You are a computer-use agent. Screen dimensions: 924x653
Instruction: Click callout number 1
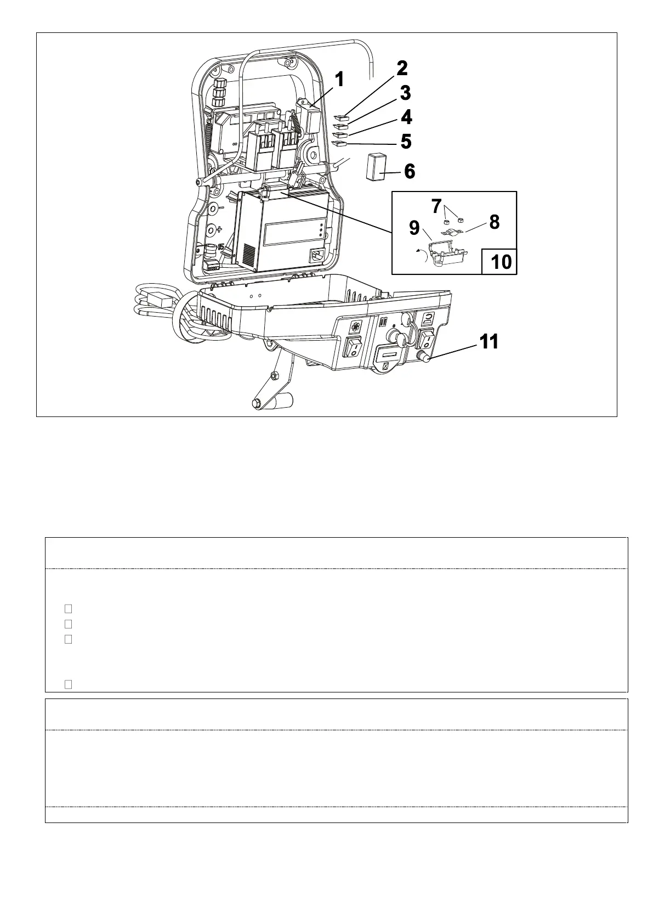339,80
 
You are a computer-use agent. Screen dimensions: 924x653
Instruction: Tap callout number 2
402,69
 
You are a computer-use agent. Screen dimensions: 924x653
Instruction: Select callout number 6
409,171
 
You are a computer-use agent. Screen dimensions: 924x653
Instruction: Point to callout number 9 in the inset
414,228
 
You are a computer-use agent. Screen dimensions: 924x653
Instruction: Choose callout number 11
489,342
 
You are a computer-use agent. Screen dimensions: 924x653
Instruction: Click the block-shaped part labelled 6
376,167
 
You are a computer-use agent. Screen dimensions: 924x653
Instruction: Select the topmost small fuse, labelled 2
341,117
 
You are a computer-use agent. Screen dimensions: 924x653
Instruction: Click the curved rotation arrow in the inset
422,255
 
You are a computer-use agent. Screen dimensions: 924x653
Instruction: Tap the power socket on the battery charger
317,256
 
